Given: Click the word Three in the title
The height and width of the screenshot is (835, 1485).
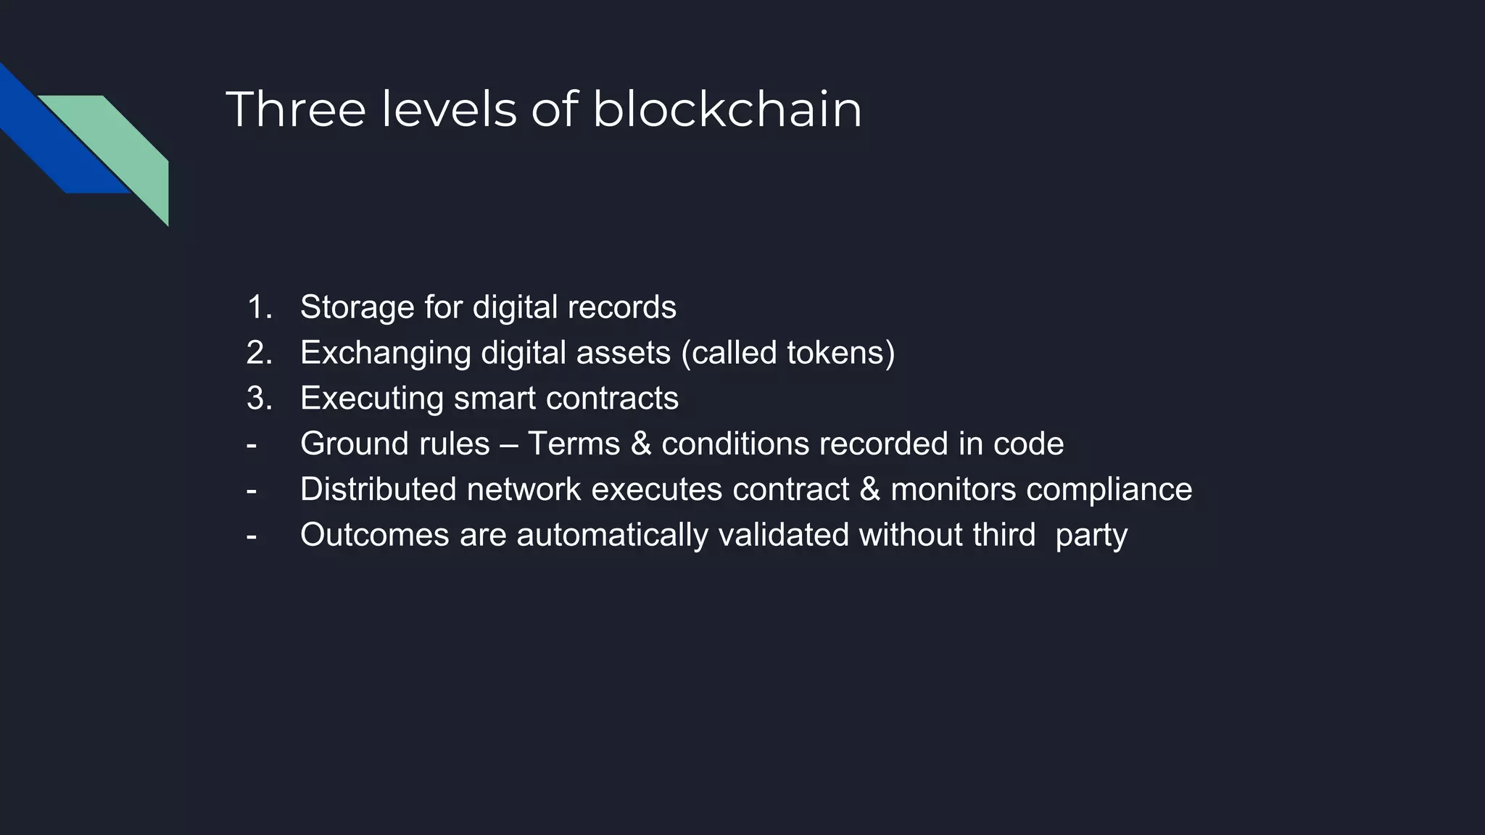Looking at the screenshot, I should (x=296, y=109).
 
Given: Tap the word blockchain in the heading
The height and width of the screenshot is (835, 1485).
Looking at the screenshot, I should (x=727, y=109).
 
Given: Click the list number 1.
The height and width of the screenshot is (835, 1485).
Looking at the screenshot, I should (x=258, y=307).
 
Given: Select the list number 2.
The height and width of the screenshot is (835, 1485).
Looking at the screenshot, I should (x=258, y=353).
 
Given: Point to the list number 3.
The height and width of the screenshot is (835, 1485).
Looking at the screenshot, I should (x=258, y=399).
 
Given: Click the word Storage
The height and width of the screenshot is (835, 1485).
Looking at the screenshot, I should (x=357, y=307).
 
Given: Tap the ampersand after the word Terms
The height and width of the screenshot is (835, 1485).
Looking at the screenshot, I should (x=641, y=444).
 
